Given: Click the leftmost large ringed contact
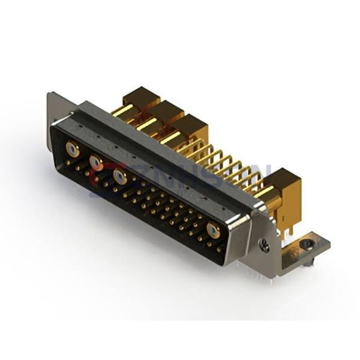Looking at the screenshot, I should coord(72,149).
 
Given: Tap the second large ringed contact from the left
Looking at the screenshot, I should coord(95,161).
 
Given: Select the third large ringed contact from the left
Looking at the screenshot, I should coord(119,176).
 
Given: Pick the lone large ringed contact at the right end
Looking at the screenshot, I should coord(213,231).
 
